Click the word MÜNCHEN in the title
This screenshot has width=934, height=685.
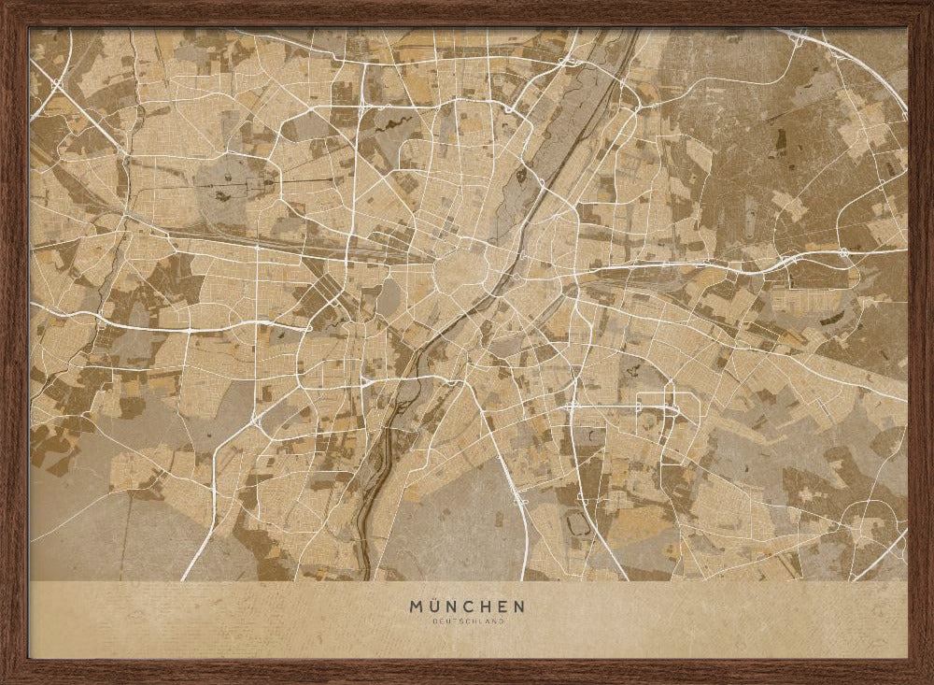467,607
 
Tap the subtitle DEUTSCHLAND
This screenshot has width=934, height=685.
467,621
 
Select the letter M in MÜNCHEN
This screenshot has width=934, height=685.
416,607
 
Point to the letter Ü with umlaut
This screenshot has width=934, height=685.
434,607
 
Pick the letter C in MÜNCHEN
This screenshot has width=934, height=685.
472,607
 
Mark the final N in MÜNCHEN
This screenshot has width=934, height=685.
519,607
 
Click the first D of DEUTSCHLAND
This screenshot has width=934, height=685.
434,621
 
